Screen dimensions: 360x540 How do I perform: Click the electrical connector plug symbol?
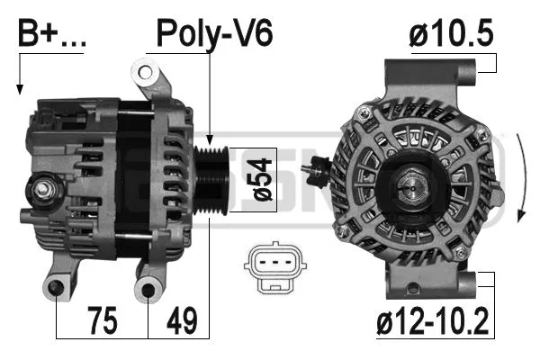point(272,267)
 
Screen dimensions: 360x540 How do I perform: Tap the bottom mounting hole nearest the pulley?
point(148,289)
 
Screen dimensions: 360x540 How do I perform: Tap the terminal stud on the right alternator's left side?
point(318,167)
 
